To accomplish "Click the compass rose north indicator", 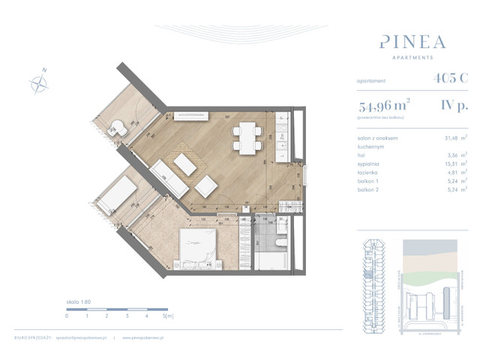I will (x=38, y=82).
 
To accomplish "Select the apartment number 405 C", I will (x=448, y=78).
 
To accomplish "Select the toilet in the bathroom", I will (x=279, y=244).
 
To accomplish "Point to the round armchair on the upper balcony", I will (x=118, y=128).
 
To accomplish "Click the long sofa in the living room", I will (x=169, y=178).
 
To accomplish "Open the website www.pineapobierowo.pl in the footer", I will (x=149, y=339).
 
